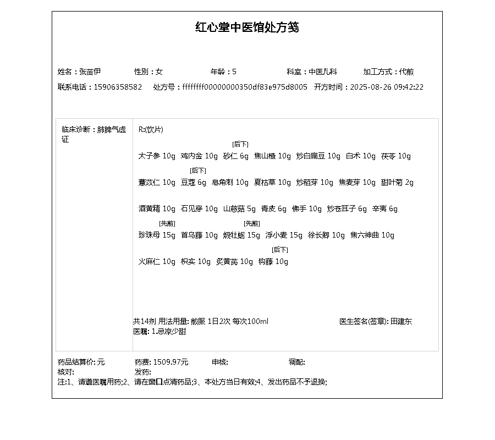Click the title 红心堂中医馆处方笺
point(247,28)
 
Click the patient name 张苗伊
point(90,71)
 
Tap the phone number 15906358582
point(118,87)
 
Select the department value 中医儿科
point(322,71)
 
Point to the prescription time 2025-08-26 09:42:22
point(387,87)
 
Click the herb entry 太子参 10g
point(157,156)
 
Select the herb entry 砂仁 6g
point(236,156)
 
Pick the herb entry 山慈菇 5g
point(240,209)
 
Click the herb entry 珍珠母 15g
point(157,235)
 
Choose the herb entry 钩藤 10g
point(273,262)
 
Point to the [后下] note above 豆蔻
point(197,170)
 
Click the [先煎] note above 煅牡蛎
point(252,223)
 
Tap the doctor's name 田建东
point(401,321)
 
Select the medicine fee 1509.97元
point(170,362)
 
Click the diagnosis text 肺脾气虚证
point(112,130)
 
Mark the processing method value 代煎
point(406,71)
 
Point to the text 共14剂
point(144,321)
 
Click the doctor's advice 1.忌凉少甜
point(168,331)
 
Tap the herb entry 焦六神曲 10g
point(372,235)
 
